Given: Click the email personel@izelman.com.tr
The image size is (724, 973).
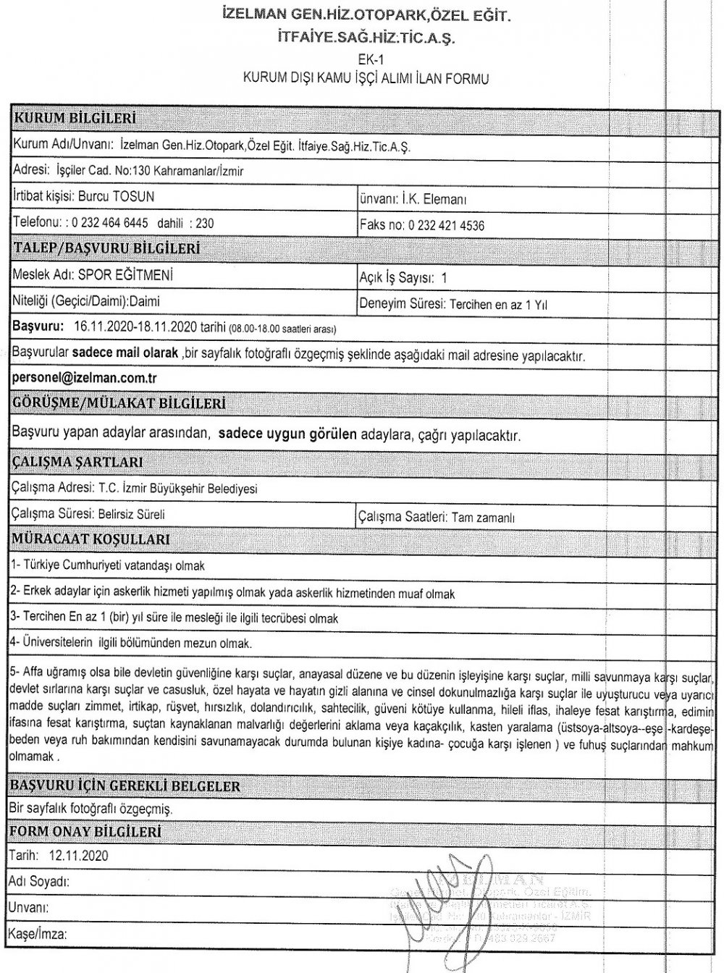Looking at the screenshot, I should [x=85, y=378].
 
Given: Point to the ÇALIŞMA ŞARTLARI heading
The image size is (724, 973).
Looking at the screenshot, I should [x=78, y=461].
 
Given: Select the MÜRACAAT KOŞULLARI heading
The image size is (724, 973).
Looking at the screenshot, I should [x=91, y=539].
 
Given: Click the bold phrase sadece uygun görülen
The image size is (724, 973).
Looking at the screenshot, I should [x=287, y=435].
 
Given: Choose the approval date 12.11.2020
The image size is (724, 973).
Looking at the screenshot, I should [x=78, y=856].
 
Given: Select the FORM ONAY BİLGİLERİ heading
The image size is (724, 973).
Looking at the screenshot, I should [x=85, y=833].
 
